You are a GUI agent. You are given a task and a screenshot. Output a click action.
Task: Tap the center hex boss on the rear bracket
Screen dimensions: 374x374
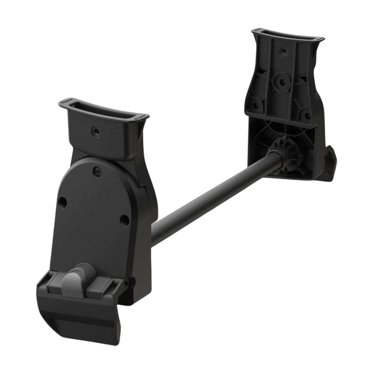pos(282,81)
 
